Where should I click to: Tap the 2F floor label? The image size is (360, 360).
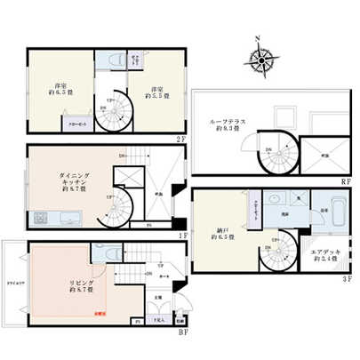click(x=180, y=139)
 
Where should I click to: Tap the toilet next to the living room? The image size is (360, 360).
click(x=108, y=252)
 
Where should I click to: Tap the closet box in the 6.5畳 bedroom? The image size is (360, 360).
click(x=81, y=125)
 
